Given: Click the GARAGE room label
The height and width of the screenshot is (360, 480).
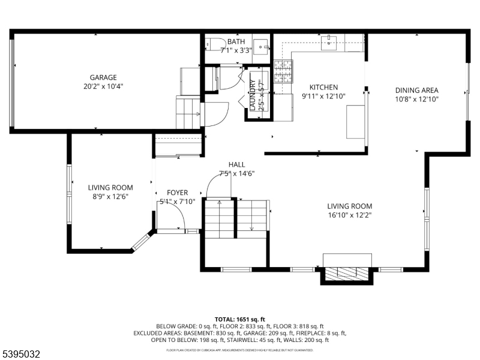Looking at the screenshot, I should click(x=103, y=77).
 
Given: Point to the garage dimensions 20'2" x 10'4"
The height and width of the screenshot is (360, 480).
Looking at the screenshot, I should click(x=103, y=87).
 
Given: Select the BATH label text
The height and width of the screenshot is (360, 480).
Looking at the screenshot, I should click(x=236, y=41).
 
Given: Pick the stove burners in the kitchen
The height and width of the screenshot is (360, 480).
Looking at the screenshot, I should click(x=284, y=71).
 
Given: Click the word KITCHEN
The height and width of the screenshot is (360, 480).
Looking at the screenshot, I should click(x=323, y=87).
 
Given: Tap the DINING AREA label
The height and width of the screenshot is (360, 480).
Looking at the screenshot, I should click(x=416, y=91).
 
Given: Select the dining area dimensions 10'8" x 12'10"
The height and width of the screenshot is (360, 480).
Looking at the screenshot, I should click(x=416, y=100).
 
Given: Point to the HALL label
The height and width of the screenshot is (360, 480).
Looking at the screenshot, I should click(x=236, y=164).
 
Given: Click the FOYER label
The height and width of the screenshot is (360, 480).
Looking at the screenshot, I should click(x=178, y=193).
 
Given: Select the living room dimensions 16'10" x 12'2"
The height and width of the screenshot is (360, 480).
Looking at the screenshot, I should click(x=350, y=215).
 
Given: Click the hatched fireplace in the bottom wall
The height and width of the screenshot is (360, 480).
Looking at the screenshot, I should click(x=347, y=274).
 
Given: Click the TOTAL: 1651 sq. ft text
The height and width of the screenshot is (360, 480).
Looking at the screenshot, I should click(x=240, y=319).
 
